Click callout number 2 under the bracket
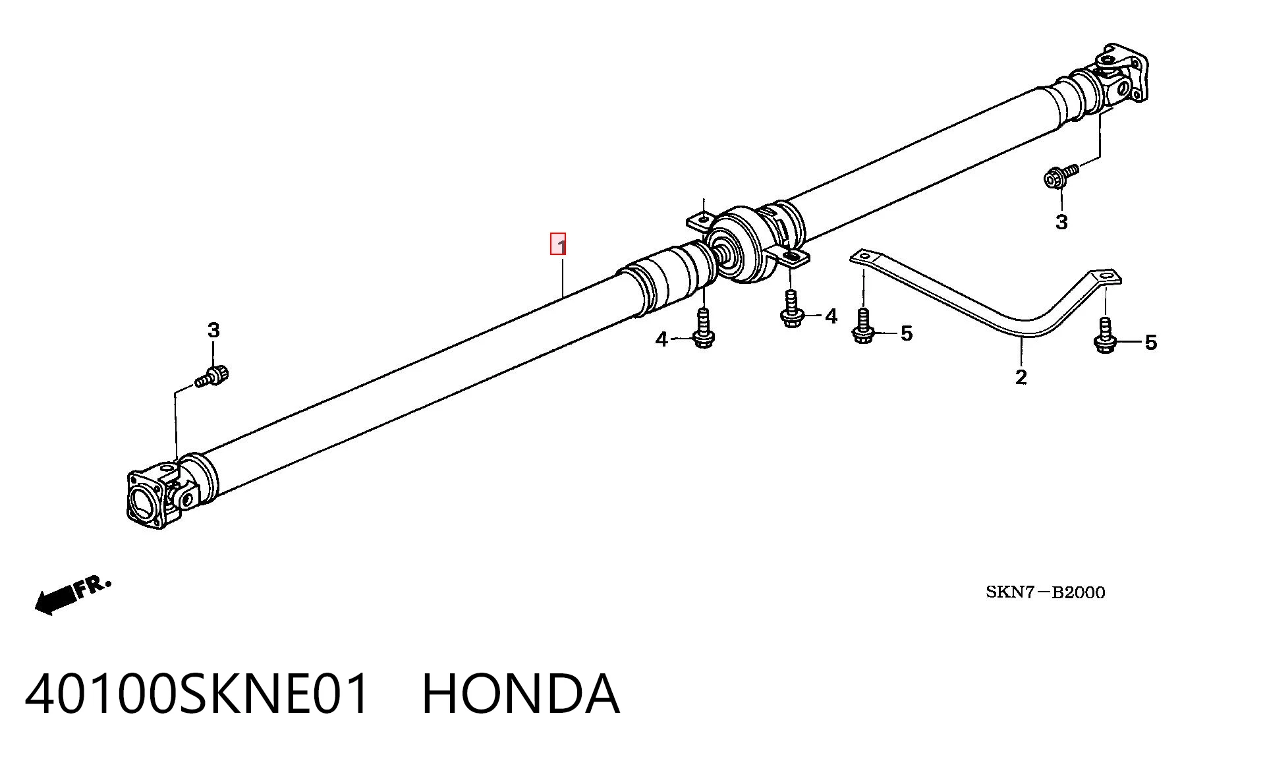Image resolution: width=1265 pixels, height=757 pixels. tap(1021, 377)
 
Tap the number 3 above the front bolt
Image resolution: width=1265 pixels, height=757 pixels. tap(213, 330)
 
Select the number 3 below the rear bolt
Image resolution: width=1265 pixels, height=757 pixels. tap(1061, 222)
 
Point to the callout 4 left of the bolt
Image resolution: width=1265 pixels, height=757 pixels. tap(661, 339)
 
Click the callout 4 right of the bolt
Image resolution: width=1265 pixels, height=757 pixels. tap(831, 316)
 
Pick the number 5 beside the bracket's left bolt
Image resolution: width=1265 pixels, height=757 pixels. tap(907, 333)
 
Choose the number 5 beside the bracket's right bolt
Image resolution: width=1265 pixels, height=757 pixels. tap(1150, 342)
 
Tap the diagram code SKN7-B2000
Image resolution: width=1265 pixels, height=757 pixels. tap(1045, 592)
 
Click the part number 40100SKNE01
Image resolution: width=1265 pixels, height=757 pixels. tap(197, 694)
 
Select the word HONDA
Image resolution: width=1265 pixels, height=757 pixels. tap(520, 694)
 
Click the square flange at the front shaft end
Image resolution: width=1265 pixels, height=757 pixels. tap(146, 499)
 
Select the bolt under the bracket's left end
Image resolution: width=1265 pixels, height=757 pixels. tap(862, 325)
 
